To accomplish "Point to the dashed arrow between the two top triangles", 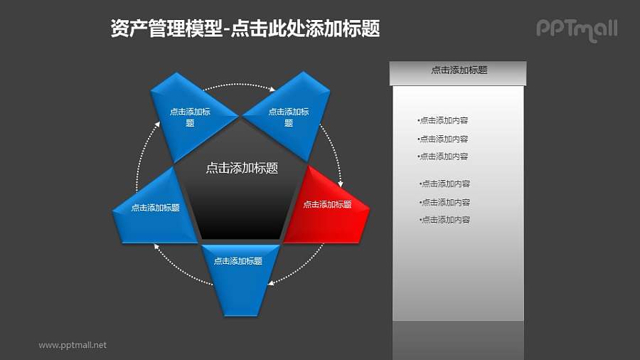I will tap(240, 85).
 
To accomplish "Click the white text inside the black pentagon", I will tap(241, 169).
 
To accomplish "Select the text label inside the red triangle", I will tap(327, 205).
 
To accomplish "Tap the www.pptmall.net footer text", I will tap(73, 345).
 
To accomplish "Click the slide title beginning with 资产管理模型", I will tap(245, 28).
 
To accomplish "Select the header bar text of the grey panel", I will tap(459, 70).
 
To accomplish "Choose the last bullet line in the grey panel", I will tap(445, 220).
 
